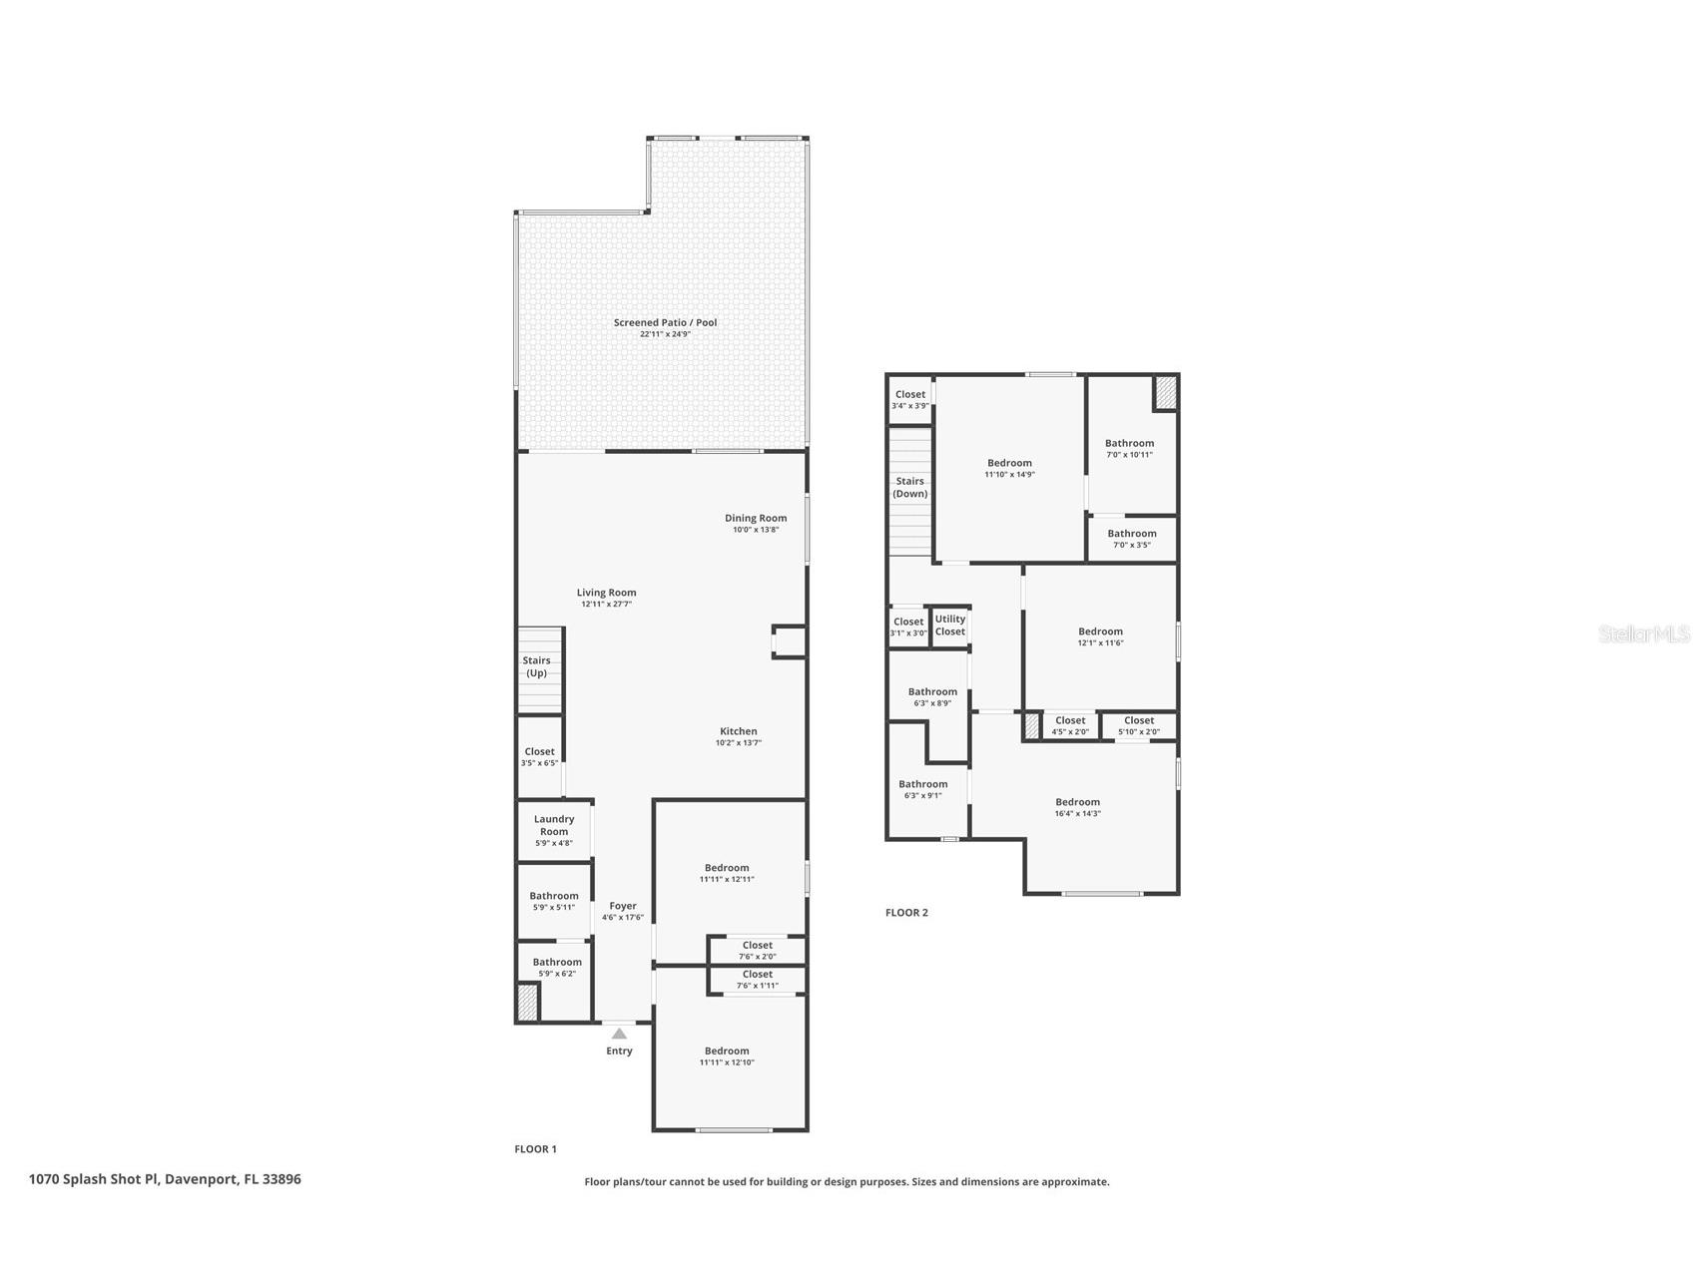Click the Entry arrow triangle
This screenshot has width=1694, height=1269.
pos(619,1034)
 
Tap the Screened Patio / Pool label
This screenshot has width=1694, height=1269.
pos(665,322)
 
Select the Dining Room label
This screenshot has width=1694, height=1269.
pos(756,518)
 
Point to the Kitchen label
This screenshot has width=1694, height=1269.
pos(739,731)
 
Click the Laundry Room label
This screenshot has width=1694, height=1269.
pos(554,825)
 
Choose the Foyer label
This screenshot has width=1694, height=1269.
pos(623,906)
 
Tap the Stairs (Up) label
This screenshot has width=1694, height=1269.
pos(537,666)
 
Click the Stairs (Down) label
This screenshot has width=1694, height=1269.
pos(910,487)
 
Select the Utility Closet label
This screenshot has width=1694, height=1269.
pos(950,625)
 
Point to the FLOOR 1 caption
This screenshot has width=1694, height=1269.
pos(536,1148)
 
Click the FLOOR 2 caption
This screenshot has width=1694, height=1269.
pos(906,912)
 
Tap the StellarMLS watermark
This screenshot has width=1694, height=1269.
pos(1644,634)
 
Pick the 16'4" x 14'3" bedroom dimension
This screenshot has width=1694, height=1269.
pos(1078,813)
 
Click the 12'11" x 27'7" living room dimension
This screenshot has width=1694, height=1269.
pos(607,604)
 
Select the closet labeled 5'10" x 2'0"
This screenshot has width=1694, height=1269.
pos(1139,725)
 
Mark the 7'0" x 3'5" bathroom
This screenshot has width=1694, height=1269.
pos(1132,539)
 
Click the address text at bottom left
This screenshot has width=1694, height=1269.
pos(165,1178)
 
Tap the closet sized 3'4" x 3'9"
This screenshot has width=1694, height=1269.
pos(910,399)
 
